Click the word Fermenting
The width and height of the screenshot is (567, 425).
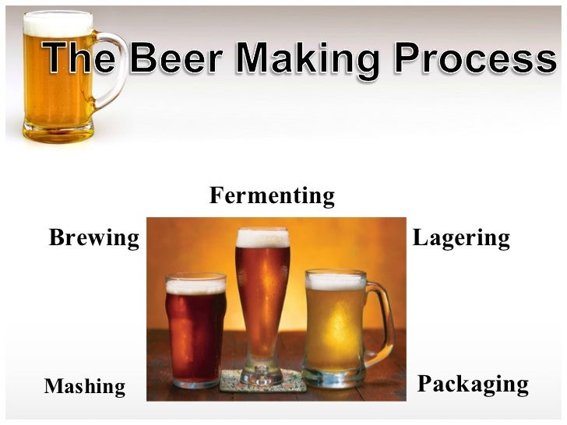(x=272, y=197)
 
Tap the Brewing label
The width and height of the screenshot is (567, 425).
(x=93, y=237)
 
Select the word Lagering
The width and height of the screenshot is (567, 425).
(x=461, y=237)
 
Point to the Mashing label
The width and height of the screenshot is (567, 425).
(x=85, y=386)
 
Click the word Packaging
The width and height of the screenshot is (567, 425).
(x=473, y=384)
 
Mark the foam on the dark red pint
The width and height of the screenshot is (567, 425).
(x=195, y=285)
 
